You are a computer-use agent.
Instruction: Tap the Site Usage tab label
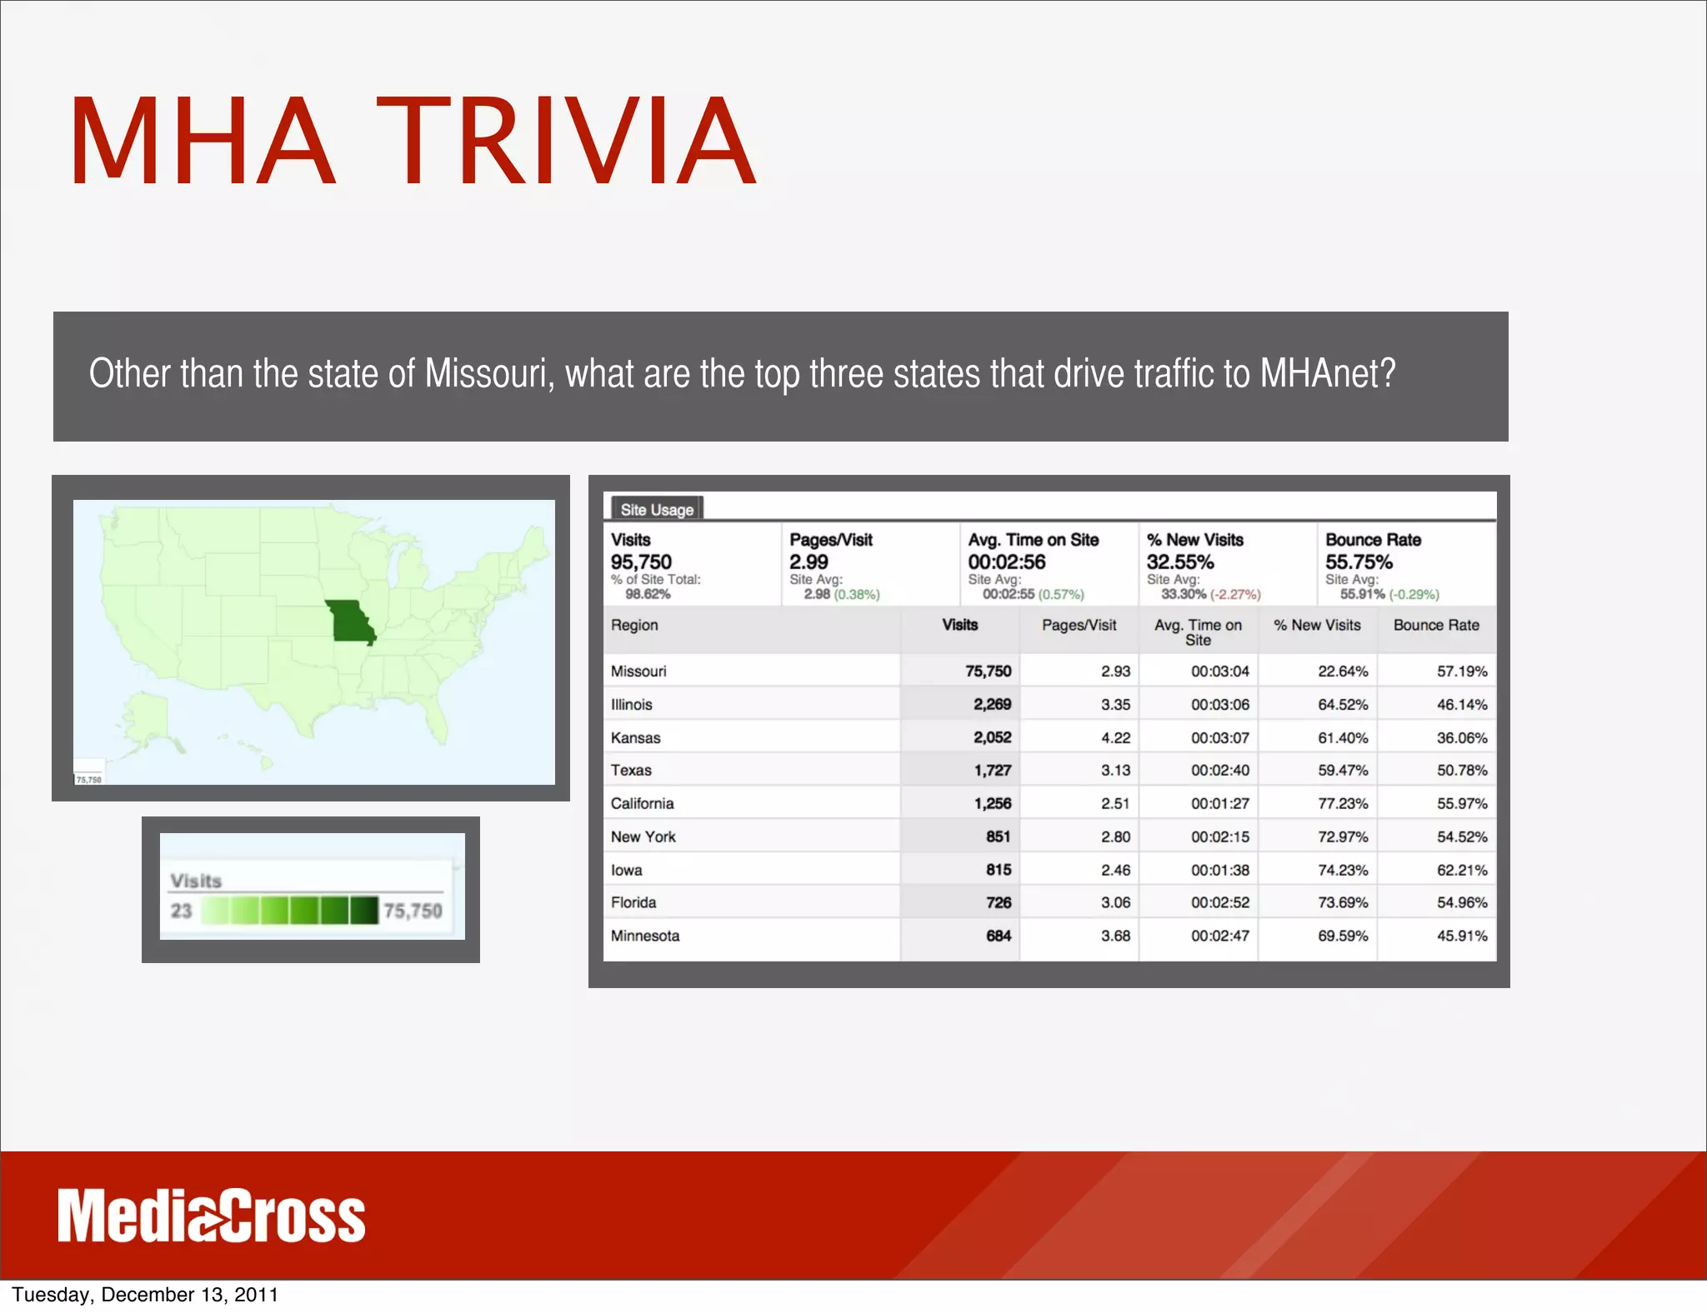[657, 509]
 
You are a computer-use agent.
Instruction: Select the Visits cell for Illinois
[992, 704]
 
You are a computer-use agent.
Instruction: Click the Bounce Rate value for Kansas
[1461, 737]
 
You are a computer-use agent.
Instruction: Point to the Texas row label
[631, 770]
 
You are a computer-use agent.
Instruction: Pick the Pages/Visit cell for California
[1115, 803]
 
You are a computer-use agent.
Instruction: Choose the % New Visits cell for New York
[1342, 836]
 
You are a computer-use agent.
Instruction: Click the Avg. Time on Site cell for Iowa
[1219, 870]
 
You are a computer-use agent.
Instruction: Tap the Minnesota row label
[645, 936]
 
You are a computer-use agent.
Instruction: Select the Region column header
[634, 625]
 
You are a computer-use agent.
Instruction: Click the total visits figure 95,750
[641, 562]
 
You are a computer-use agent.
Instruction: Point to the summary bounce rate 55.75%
[1359, 562]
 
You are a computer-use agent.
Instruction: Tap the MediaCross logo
[212, 1216]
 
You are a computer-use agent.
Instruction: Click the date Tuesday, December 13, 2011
[145, 1294]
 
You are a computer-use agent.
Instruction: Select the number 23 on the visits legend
[181, 911]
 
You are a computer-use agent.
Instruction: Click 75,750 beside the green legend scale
[413, 911]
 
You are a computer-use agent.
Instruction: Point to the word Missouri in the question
[488, 373]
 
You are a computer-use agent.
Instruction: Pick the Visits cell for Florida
[998, 902]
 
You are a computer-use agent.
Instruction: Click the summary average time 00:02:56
[1006, 562]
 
